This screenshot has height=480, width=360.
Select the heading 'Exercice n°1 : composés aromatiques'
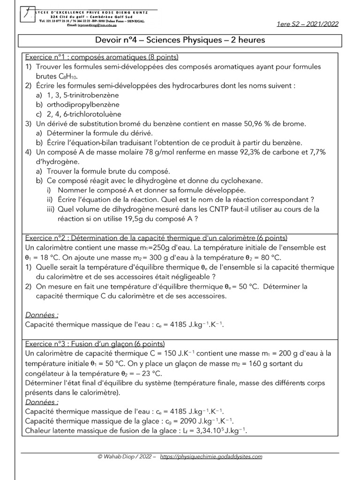point(101,58)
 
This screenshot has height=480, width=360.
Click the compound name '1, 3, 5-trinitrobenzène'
point(84,95)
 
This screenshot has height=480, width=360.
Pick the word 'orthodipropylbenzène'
point(83,105)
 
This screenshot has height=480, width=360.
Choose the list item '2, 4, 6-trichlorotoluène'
point(84,114)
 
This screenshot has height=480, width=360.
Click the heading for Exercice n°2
point(156,238)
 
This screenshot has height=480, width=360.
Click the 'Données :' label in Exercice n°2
point(42,315)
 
